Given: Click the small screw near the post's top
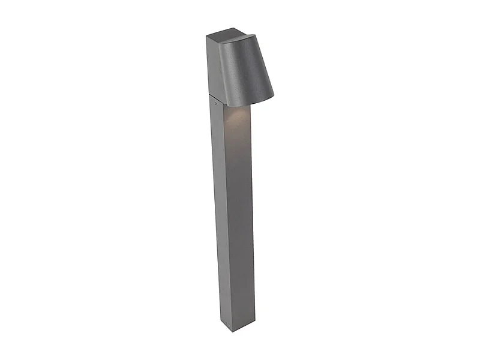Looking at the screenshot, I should pos(216,103).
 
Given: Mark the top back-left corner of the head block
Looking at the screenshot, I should pos(206,36).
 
